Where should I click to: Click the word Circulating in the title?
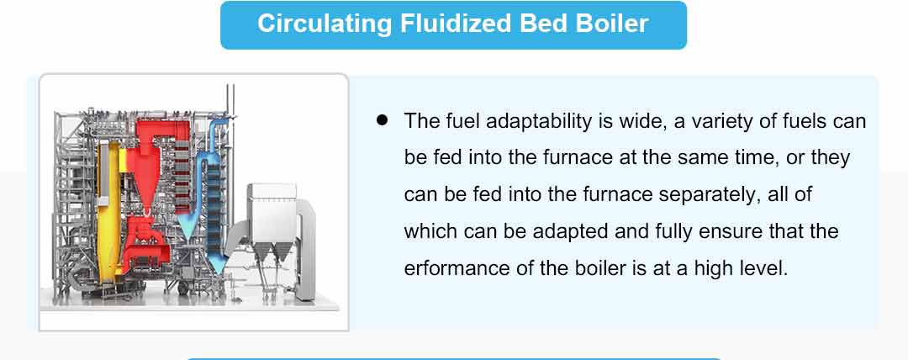tap(325, 24)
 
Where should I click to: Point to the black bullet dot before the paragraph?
tap(381, 120)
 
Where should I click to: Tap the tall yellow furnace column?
tap(108, 212)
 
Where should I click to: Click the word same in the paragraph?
tap(700, 158)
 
